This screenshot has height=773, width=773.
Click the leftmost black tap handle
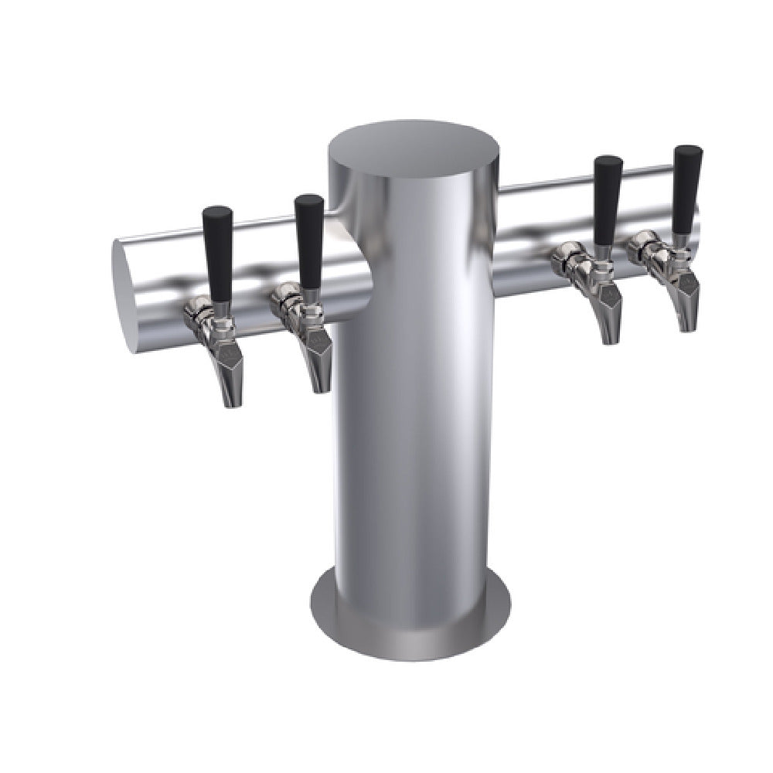point(218,251)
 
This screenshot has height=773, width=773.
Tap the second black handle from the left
point(309,240)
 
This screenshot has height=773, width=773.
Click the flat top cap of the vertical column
point(414,147)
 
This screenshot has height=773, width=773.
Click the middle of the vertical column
point(414,386)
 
